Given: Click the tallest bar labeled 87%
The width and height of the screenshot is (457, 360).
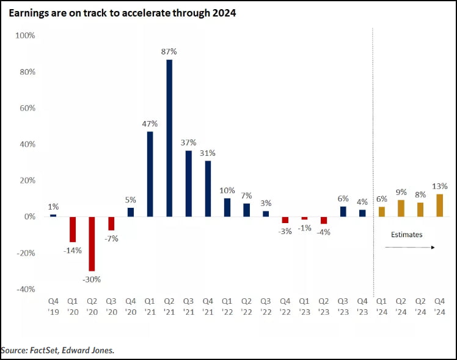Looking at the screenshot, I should pos(169,138).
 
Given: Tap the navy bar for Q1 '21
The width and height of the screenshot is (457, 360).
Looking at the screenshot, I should pos(150,174).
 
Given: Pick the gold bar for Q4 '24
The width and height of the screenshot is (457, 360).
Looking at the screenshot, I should pos(439,205).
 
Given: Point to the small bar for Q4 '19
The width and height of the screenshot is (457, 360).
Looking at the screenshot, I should pos(53,215).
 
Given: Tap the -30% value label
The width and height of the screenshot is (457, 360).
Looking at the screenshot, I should pos(92,279).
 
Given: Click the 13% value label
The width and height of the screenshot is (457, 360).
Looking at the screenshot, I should pos(440,186).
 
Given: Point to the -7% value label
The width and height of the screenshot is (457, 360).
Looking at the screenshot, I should pos(111,239).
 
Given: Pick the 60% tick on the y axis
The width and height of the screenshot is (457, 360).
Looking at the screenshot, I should pos(26,108).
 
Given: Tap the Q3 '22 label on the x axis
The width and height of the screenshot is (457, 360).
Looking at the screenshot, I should pos(265,306).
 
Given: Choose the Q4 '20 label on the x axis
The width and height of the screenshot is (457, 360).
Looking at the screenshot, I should pos(130,306).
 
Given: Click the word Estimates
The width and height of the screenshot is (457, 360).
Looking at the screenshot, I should pos(407,234).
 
